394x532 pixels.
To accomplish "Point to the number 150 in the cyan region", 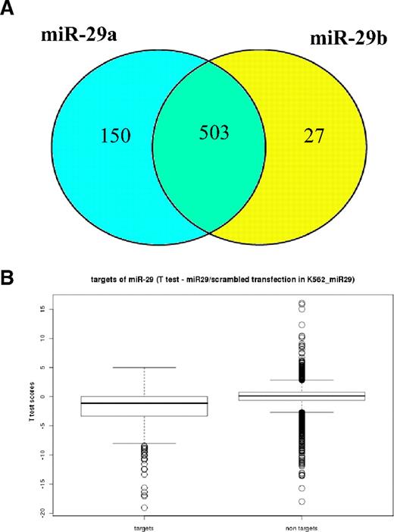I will (x=116, y=136).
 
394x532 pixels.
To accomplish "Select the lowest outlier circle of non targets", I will (x=301, y=502).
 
